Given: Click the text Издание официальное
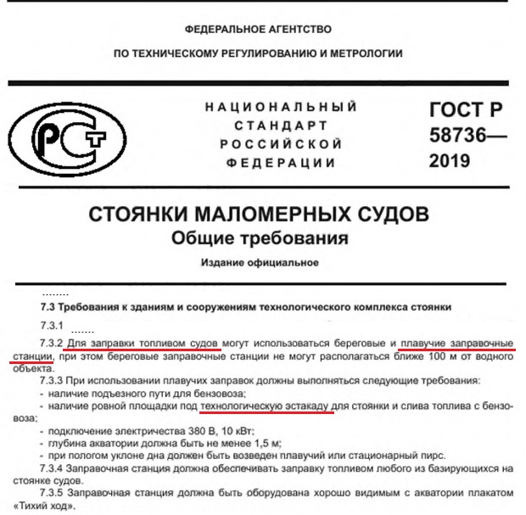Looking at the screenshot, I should [x=260, y=263].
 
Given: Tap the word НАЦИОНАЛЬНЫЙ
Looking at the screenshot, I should [x=280, y=108].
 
